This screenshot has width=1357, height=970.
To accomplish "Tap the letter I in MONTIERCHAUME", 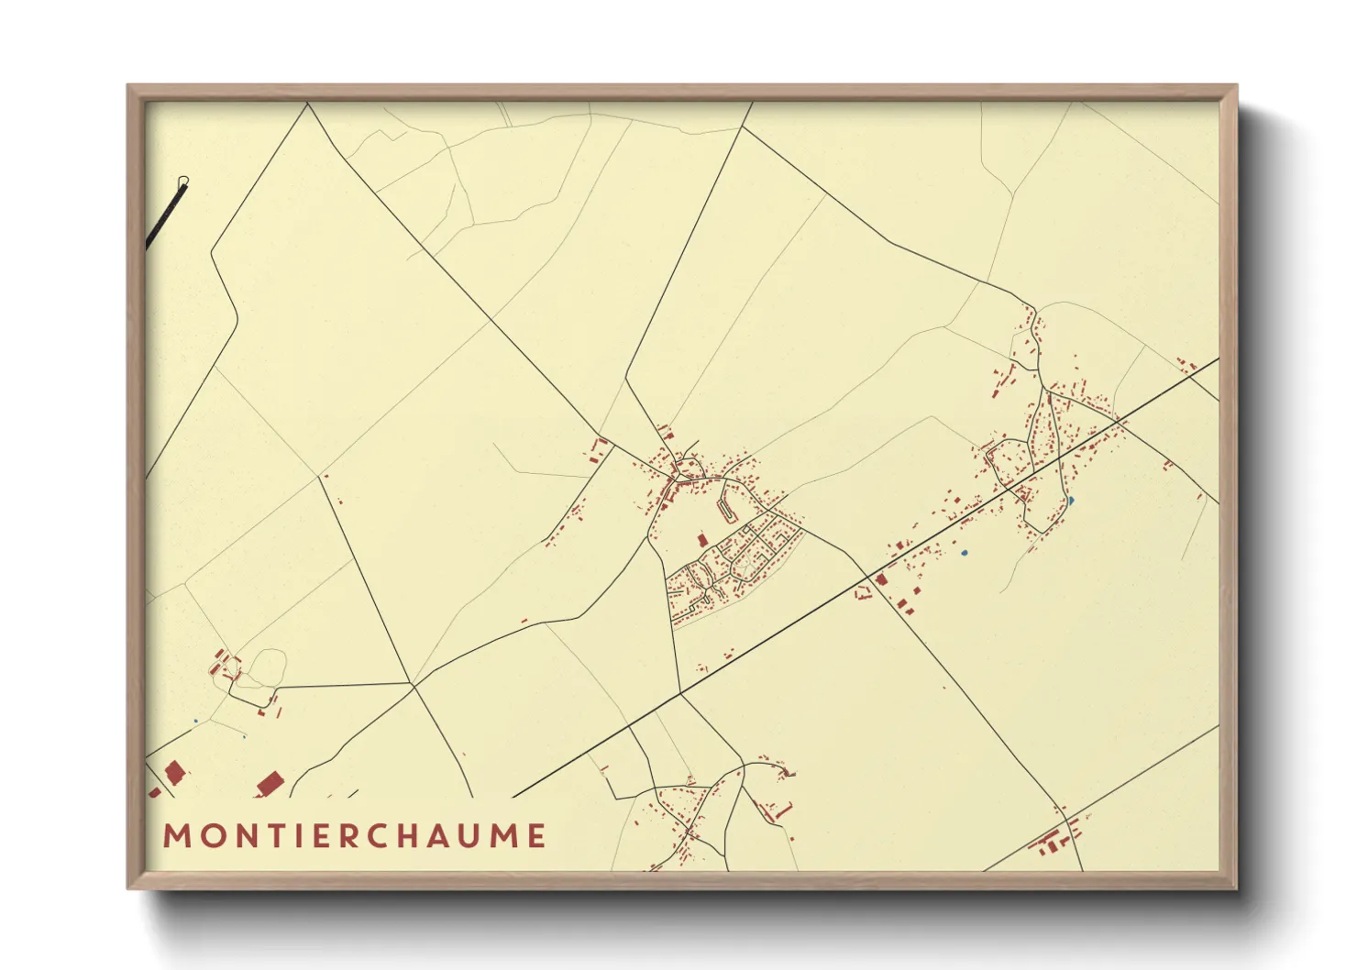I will [295, 836].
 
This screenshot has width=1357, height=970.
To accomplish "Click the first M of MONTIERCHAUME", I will [173, 836].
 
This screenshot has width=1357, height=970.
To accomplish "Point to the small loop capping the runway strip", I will [184, 181].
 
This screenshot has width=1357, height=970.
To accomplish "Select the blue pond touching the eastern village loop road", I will [1070, 501].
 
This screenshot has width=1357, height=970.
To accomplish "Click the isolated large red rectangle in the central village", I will [703, 540].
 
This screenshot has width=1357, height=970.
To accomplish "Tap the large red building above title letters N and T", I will [269, 784].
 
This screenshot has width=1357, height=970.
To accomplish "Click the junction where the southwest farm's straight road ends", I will [413, 683].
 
